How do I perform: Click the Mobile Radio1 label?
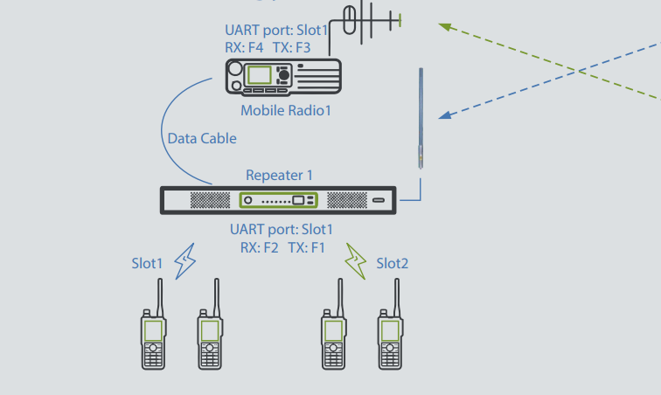[286, 111]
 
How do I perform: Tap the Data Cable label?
[201, 138]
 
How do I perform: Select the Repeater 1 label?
[279, 176]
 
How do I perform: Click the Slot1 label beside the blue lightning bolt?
[147, 263]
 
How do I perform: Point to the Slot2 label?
[393, 263]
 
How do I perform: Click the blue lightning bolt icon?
[185, 262]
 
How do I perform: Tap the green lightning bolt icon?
[355, 261]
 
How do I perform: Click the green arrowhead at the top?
[445, 27]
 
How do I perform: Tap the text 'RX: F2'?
[260, 247]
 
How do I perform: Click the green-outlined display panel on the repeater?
[279, 200]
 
